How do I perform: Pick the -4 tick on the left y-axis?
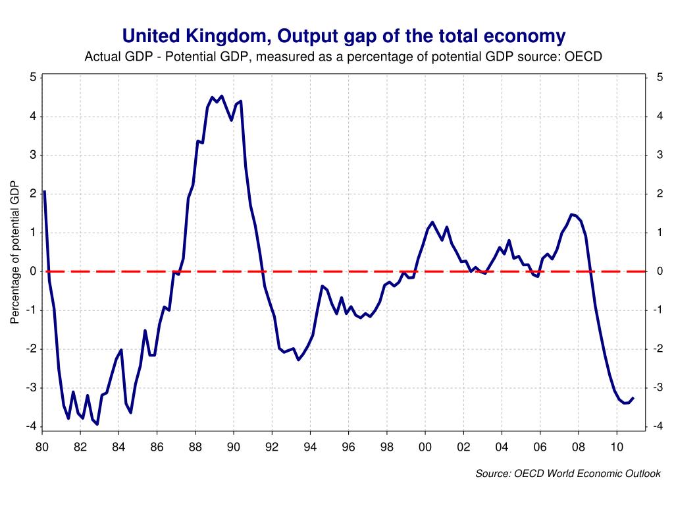click(x=31, y=426)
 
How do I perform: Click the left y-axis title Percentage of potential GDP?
click(x=14, y=252)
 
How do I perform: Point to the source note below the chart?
click(x=568, y=473)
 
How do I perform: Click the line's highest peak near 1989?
click(x=220, y=96)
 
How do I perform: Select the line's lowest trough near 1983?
click(x=97, y=424)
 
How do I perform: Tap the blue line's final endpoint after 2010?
click(x=633, y=398)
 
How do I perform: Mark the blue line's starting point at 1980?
click(x=44, y=192)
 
